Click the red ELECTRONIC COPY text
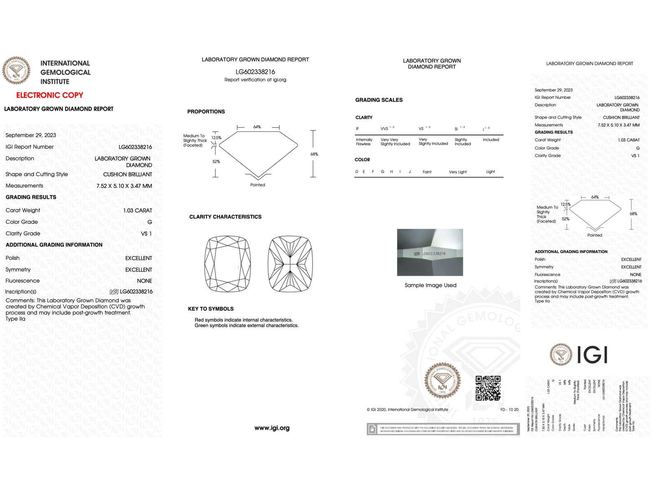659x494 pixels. [49, 95]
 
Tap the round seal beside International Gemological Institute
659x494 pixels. [16, 70]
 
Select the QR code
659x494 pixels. [488, 388]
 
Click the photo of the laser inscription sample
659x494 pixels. [430, 252]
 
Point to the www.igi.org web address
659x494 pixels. [272, 428]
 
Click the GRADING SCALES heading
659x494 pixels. [379, 100]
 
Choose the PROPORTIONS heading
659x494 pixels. [206, 112]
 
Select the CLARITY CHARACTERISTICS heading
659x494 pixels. [225, 217]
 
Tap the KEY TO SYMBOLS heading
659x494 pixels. [211, 309]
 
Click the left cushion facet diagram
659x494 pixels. [228, 264]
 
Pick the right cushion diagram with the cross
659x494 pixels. [290, 264]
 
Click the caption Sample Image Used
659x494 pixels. [430, 285]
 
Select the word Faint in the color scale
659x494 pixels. [427, 172]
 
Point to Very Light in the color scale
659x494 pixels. [458, 172]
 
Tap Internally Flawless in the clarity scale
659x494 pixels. [364, 142]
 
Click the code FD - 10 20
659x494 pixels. [509, 410]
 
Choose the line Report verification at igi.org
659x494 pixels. [255, 80]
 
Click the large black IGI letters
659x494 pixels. [592, 355]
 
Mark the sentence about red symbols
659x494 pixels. [243, 320]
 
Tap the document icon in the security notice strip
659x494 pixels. [372, 429]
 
